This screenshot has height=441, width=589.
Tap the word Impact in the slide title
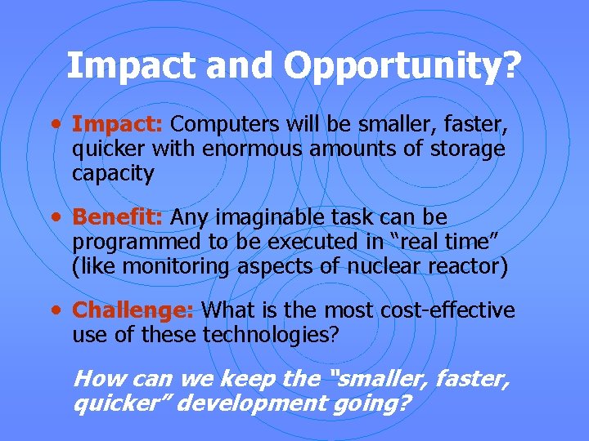coord(133,66)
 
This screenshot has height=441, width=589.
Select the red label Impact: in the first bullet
coord(119,124)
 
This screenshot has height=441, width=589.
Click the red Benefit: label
coord(119,218)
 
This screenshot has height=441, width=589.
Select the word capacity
coord(113,174)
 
